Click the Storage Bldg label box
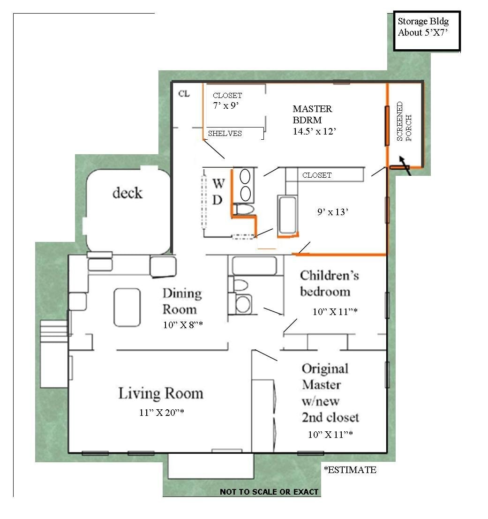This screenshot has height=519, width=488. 427,31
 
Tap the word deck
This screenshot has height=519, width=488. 128,193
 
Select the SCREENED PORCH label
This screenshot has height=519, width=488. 404,121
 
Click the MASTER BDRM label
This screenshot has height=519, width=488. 312,114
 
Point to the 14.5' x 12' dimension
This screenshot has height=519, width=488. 314,131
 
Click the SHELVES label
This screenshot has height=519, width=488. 225,134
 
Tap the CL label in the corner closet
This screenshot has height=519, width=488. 184,94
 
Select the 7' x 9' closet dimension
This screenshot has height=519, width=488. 226,105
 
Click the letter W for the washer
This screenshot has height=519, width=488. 219,183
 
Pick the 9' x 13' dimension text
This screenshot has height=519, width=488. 333,212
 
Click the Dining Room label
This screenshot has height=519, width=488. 182,301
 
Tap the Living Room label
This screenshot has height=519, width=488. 161,393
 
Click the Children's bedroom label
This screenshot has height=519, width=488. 330,283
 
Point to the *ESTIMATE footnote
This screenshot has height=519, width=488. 350,470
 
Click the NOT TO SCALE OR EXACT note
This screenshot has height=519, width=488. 269,492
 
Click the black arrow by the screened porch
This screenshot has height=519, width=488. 405,165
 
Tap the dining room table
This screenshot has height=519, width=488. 127,308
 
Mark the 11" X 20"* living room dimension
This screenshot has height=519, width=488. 161,413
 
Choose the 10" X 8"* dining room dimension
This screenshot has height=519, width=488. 183,325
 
